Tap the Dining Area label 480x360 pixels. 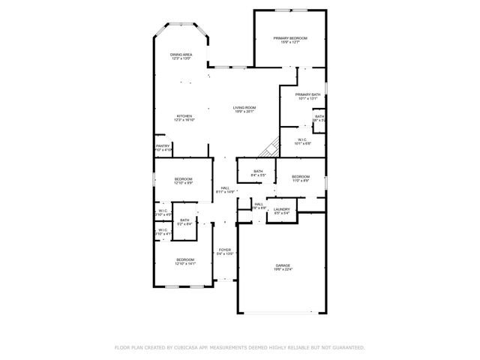tap(181, 55)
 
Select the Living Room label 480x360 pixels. tap(244, 108)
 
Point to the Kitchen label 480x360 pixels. tap(184, 116)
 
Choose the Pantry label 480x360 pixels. tap(162, 145)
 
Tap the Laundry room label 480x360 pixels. tap(281, 209)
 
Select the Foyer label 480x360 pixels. tap(224, 250)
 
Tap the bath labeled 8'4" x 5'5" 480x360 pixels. tap(258, 172)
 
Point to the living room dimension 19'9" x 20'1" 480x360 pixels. tap(244, 112)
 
